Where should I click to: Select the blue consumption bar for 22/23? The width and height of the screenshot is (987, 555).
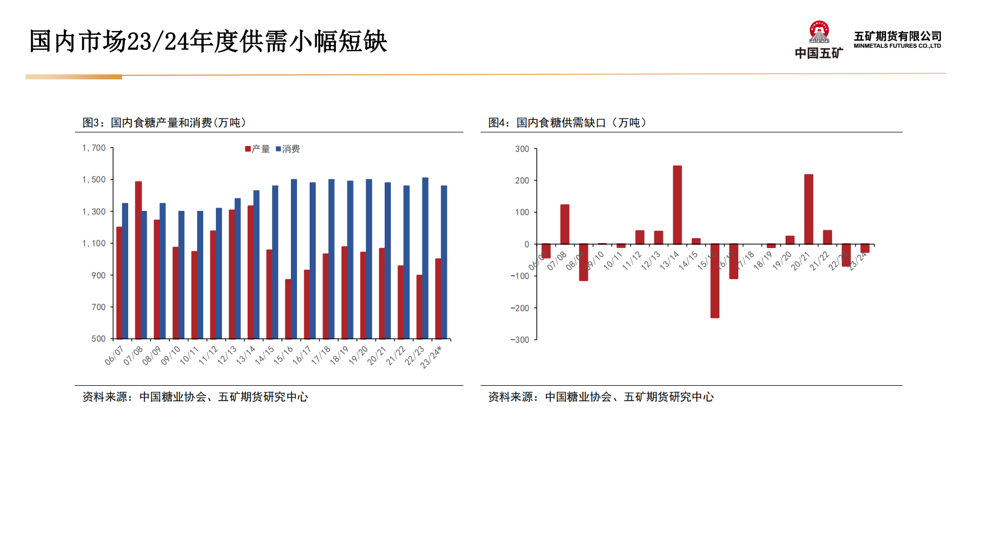click(425, 258)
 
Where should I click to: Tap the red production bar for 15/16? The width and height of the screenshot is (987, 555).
click(288, 309)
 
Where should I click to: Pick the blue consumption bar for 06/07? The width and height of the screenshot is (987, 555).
click(125, 271)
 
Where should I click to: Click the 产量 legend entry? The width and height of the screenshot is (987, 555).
click(258, 149)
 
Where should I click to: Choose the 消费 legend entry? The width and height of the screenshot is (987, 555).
click(288, 149)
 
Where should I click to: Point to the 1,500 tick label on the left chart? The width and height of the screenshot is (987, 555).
click(94, 179)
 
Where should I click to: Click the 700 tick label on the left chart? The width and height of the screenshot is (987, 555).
click(98, 307)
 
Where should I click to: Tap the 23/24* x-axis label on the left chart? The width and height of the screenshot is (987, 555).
click(431, 357)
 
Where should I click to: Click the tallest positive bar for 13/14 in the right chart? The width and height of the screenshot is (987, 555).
click(677, 205)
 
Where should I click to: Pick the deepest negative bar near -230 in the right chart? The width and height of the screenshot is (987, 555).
click(715, 281)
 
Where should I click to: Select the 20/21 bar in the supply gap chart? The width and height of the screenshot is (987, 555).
click(809, 209)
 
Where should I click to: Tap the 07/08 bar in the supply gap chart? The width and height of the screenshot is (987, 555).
click(565, 224)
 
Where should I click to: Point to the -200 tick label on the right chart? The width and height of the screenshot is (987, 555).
click(520, 308)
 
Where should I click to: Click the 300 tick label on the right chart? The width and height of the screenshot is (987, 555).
click(522, 149)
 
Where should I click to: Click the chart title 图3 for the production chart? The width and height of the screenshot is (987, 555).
click(164, 123)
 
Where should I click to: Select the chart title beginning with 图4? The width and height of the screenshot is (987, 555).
click(567, 123)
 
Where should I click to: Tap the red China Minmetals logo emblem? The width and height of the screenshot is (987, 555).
click(819, 32)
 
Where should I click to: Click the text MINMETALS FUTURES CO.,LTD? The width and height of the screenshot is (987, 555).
click(897, 46)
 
